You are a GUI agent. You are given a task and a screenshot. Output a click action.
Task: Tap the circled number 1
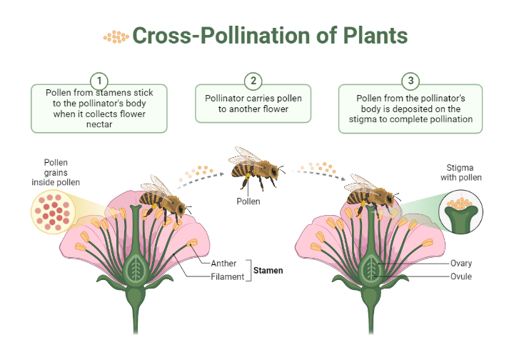point(99,80)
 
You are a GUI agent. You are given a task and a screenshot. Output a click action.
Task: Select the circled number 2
point(253,80)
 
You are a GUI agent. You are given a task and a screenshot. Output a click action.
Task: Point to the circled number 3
point(410,80)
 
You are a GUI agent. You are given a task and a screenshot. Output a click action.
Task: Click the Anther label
point(223,264)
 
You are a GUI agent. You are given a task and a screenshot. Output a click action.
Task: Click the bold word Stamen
point(268,271)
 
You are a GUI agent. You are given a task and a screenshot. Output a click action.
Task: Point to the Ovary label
point(461,263)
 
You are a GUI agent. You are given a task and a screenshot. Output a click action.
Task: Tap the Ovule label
point(460,276)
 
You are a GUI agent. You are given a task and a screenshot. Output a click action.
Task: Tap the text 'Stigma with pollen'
point(460,173)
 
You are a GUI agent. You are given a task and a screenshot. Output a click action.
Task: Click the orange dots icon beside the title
point(116,36)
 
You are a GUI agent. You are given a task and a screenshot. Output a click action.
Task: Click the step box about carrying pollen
point(253,104)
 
